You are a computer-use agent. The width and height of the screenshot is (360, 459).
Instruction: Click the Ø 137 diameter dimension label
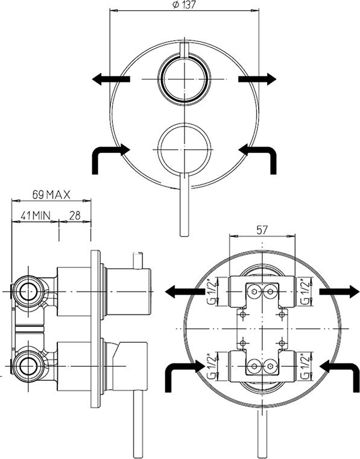(184, 5)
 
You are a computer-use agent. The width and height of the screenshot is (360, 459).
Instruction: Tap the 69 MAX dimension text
(51, 195)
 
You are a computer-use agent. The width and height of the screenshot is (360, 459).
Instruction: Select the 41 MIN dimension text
(36, 216)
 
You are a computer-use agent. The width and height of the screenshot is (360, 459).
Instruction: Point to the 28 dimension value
(75, 216)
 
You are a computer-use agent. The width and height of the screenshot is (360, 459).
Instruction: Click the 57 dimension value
(262, 230)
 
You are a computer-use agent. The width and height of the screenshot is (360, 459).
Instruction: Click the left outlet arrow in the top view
(111, 79)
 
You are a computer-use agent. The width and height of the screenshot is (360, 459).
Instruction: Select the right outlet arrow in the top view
(257, 79)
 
